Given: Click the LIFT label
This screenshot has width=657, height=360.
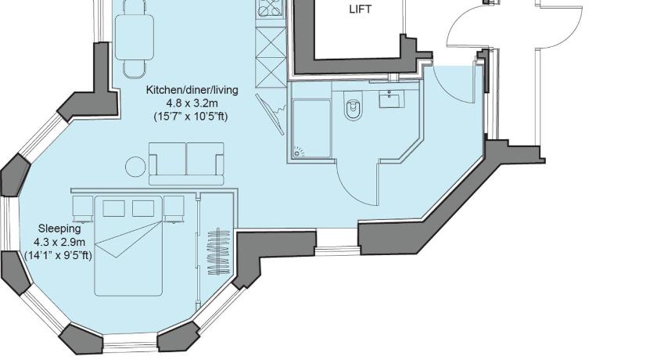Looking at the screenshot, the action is click(x=360, y=9).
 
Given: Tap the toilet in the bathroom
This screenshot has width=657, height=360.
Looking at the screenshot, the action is click(x=353, y=109).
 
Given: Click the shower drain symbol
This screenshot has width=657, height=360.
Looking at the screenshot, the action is click(x=298, y=151).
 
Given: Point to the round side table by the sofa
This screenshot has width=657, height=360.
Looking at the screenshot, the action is click(x=136, y=167).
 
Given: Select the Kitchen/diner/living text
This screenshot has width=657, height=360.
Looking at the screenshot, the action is click(x=192, y=90).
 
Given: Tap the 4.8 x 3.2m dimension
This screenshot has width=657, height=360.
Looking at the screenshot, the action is click(x=192, y=103).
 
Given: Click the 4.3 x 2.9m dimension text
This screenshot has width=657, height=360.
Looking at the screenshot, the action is click(x=59, y=242).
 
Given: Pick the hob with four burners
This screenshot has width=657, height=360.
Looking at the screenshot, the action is click(x=271, y=9).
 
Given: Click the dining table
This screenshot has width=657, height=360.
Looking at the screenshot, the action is click(x=134, y=37).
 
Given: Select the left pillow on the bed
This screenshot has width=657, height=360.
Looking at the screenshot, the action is click(x=113, y=208).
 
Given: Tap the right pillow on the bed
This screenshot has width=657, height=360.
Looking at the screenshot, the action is click(x=143, y=208).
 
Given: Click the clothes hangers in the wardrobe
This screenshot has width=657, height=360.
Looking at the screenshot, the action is click(x=219, y=251).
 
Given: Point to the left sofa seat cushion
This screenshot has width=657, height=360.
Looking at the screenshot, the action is click(x=171, y=159).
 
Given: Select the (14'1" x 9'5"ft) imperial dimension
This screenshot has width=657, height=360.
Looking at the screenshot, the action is click(x=58, y=255).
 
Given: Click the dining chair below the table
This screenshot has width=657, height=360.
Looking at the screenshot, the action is click(x=134, y=70).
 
